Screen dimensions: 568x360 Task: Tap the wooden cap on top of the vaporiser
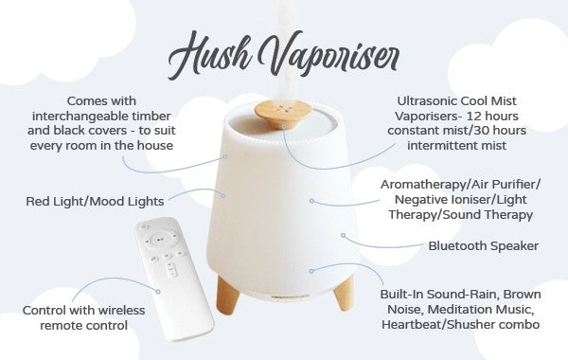(283, 114)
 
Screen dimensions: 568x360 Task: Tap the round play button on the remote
(160, 240)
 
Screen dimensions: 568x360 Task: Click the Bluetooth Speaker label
(483, 245)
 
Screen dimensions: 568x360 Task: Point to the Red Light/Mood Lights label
(95, 201)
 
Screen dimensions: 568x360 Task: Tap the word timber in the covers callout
(151, 116)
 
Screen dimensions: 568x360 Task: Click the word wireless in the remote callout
(122, 311)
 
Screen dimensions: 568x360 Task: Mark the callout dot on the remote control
(158, 292)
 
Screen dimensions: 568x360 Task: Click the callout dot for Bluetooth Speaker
(343, 235)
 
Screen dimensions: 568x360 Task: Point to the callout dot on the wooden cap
(284, 127)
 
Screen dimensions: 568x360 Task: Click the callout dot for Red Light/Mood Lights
(223, 195)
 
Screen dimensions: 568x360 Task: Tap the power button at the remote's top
(144, 227)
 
